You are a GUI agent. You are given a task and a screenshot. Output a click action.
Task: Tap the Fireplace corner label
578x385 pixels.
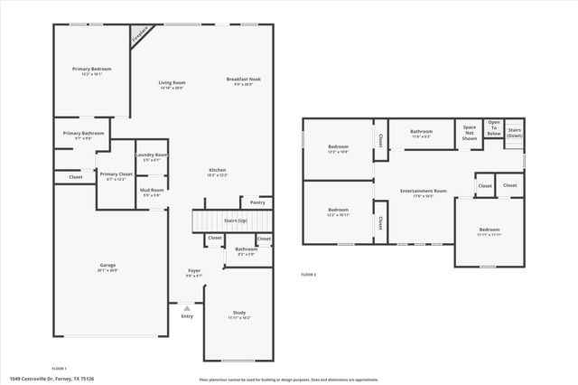140,36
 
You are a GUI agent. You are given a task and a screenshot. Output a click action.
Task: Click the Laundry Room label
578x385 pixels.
152,155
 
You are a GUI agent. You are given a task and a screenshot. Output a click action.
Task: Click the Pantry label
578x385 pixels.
258,202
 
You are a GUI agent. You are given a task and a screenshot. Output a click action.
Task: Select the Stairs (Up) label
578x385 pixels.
236,220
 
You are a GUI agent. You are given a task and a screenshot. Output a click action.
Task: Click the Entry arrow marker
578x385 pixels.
187,307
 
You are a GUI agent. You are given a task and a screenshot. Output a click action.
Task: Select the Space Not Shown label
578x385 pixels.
470,133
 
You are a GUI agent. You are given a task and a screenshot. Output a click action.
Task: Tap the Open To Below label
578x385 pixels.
494,128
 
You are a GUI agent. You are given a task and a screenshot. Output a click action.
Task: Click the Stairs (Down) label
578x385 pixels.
515,133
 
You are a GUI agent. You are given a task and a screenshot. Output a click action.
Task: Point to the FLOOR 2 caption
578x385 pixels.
309,274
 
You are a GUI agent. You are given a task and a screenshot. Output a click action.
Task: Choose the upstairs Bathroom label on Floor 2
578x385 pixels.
422,132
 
